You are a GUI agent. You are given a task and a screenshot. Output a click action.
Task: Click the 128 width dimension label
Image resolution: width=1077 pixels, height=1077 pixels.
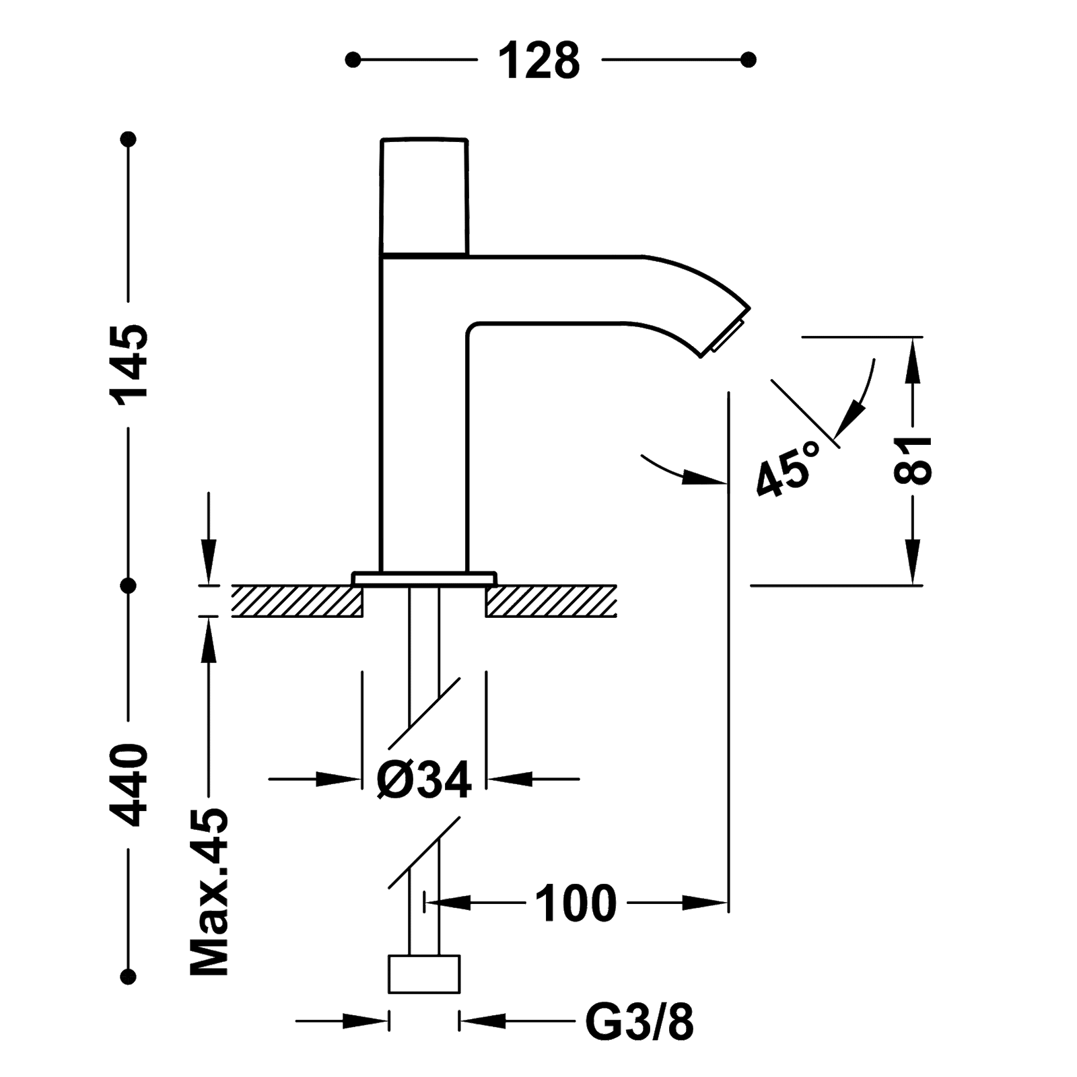[x=539, y=61]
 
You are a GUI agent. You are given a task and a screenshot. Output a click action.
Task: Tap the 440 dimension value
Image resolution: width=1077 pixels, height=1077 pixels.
[x=129, y=786]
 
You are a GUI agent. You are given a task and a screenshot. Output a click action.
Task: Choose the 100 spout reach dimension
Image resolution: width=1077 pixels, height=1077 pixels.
[x=576, y=903]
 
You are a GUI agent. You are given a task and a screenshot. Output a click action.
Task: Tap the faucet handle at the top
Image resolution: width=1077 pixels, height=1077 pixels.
[x=425, y=195]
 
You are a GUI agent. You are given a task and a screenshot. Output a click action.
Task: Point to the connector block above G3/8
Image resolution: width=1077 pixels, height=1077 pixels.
[x=425, y=973]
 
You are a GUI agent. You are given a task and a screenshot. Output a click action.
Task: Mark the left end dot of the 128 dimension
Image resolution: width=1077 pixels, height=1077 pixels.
[x=353, y=61]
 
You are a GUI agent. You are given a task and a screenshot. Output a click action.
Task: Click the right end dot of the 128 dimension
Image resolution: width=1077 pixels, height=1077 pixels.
[x=747, y=61]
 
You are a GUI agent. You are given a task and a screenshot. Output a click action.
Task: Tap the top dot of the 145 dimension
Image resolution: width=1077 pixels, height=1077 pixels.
[x=128, y=140]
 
